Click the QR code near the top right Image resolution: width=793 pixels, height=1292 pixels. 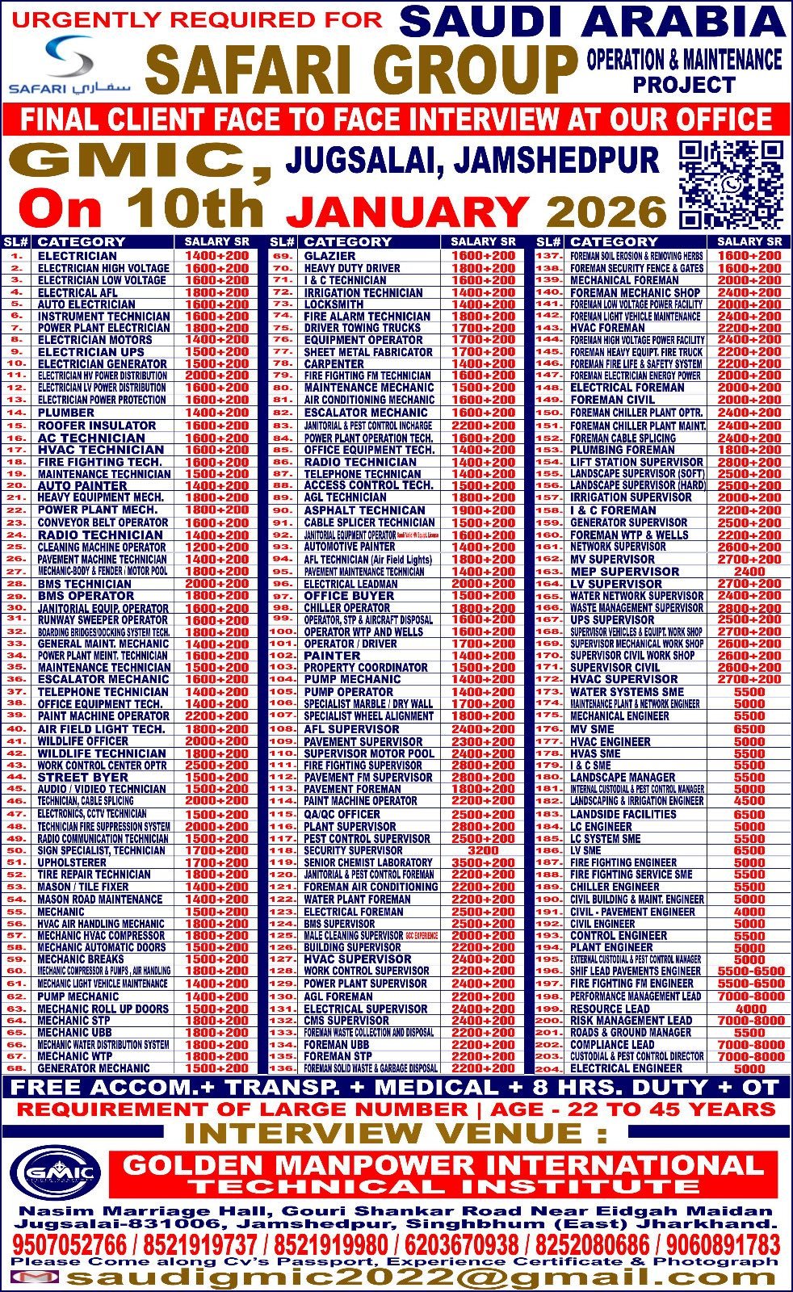tap(731, 185)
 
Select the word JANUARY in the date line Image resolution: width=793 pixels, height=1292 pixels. tap(409, 212)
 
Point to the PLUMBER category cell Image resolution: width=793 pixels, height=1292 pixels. tap(66, 413)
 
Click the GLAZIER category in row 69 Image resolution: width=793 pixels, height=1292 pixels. tap(330, 256)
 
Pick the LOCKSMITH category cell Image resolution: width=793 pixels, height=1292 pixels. tap(334, 304)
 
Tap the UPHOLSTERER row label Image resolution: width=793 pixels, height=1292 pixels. tap(72, 862)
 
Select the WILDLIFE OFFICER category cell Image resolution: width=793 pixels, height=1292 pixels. tap(83, 740)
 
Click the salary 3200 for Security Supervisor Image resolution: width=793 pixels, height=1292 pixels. tap(483, 850)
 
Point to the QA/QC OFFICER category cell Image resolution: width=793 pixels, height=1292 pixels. tap(342, 814)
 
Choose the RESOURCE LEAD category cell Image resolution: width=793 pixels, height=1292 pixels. tap(610, 1009)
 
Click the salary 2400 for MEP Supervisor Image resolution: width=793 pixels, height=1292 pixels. tap(749, 571)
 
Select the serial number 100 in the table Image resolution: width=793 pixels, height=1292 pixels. tap(283, 631)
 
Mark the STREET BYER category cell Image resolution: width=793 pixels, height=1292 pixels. tap(83, 777)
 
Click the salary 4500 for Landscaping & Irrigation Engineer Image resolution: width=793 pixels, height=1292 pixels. tap(749, 801)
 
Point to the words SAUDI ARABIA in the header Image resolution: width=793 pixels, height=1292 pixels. tap(593, 21)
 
